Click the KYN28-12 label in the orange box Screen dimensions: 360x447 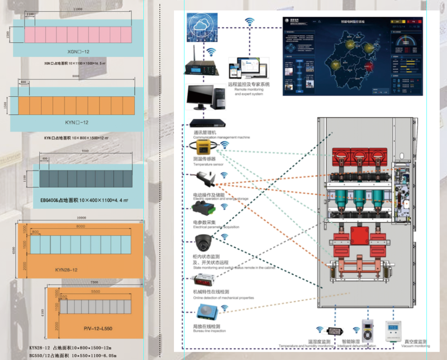pyautogui.click(x=66, y=270)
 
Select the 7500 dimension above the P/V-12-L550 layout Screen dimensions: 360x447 pyautogui.click(x=94, y=282)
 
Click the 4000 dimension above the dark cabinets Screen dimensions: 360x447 pyautogui.click(x=85, y=151)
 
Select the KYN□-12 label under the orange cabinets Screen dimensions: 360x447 pyautogui.click(x=76, y=122)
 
